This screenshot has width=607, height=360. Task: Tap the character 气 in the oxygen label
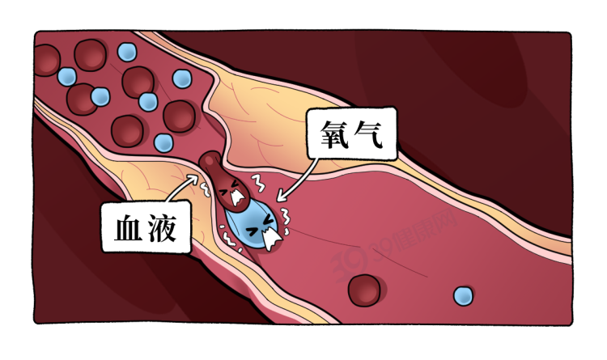click(374, 138)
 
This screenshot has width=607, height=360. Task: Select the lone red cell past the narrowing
click(364, 289)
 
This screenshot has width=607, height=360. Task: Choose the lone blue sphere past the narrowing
click(464, 296)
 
